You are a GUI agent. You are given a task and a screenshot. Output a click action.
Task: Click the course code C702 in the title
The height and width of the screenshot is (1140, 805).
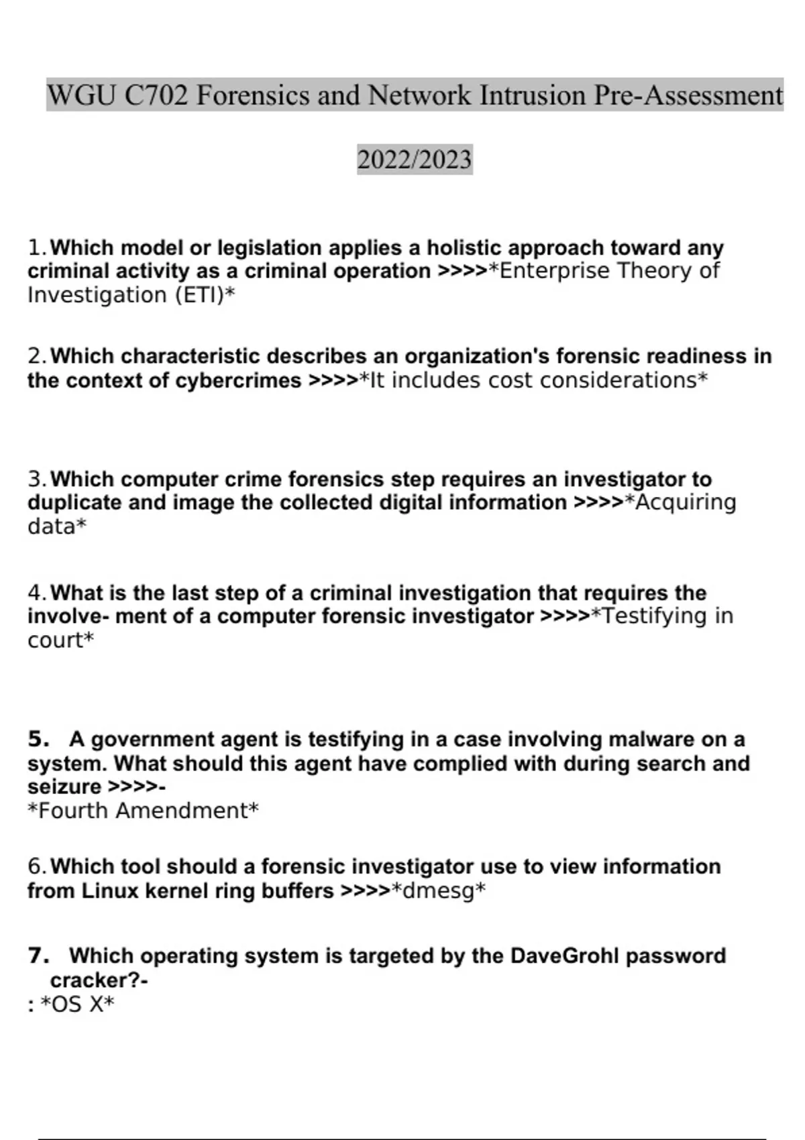click(x=156, y=95)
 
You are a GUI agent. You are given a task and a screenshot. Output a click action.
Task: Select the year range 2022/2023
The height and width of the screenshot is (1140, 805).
click(x=415, y=160)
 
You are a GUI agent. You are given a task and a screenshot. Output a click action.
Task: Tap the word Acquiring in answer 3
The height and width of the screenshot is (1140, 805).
click(x=685, y=502)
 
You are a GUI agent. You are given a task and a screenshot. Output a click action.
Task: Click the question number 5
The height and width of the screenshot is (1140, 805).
click(x=38, y=739)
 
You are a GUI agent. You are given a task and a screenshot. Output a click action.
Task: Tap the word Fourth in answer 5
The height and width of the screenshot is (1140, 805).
click(x=74, y=811)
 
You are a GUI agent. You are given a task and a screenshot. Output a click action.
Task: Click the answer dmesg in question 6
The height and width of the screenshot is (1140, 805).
click(x=438, y=891)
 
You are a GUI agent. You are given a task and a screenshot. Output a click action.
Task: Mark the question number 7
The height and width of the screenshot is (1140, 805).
click(x=38, y=956)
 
